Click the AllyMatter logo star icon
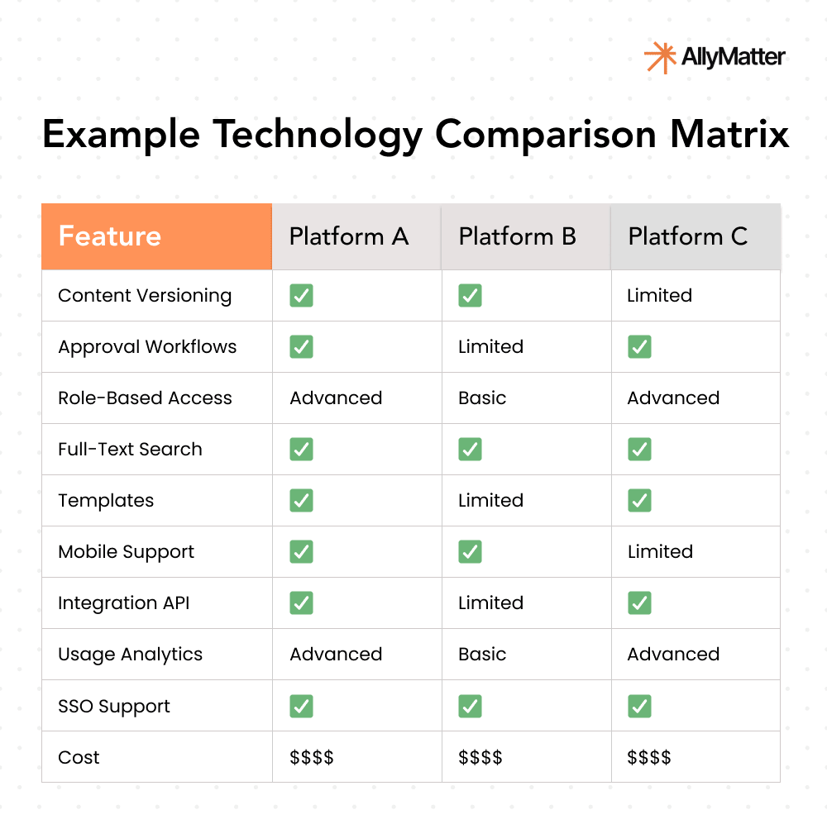[x=659, y=57]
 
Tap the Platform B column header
[x=517, y=236]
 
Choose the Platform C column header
[x=687, y=236]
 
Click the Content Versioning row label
[x=145, y=296]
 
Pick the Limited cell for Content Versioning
[x=659, y=296]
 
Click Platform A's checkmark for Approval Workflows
[x=301, y=347]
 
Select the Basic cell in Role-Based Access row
[x=482, y=398]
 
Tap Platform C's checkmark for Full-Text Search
[x=638, y=450]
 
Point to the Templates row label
[x=106, y=501]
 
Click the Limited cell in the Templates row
[x=490, y=501]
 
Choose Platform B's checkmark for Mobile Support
[x=470, y=552]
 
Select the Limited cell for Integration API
[x=490, y=603]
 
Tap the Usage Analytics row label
[x=130, y=655]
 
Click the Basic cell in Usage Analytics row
[x=482, y=655]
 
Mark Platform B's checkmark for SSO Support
[x=470, y=706]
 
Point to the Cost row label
[x=79, y=757]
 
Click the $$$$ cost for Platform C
[x=649, y=757]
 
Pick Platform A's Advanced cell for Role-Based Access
[x=336, y=398]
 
